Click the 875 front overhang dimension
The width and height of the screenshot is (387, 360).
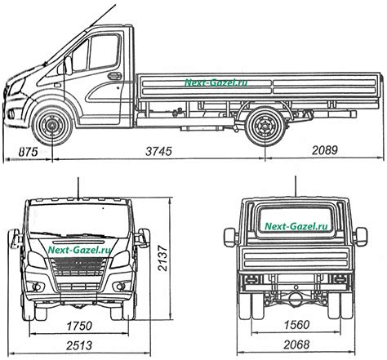click(x=29, y=152)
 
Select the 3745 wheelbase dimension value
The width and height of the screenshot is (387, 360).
click(x=158, y=151)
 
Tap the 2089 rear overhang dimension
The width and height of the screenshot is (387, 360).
click(x=324, y=150)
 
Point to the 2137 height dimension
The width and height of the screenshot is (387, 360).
click(x=162, y=258)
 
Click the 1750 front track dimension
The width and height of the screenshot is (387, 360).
click(x=79, y=326)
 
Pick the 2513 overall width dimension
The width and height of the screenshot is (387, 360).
click(x=79, y=345)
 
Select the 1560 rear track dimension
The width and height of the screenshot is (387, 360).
click(x=296, y=325)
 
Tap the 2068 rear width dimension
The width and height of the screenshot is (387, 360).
click(x=296, y=344)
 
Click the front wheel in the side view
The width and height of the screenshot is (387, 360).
click(x=51, y=126)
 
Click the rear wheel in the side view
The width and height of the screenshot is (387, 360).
click(x=265, y=127)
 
